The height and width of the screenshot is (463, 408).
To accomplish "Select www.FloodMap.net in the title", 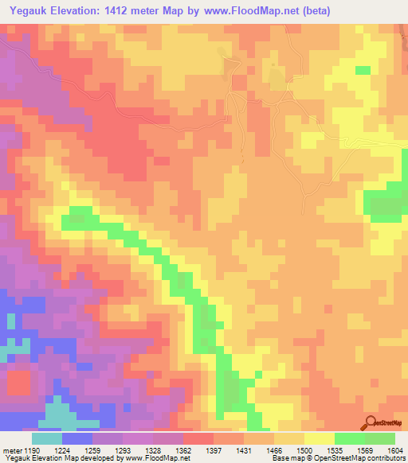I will [x=247, y=10].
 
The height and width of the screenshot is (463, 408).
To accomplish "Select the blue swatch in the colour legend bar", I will [x=77, y=438].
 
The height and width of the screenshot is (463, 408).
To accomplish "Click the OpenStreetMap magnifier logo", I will [x=370, y=422].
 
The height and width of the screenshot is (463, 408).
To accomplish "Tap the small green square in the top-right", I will [x=363, y=71].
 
